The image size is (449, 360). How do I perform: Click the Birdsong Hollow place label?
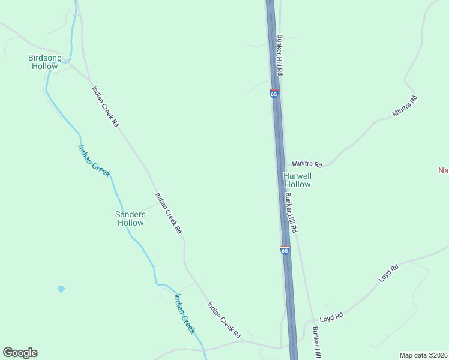coord(45,62)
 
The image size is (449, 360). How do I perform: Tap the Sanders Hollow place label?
coord(130,218)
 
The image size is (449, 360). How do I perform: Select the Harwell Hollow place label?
coord(297,180)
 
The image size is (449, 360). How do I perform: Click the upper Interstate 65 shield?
coord(274,94)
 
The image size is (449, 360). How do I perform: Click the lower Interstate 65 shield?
coord(285,250)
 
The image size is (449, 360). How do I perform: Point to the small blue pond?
coord(61,289)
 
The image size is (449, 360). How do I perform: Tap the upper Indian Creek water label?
coord(94,160)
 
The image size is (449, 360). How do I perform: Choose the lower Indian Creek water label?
coord(185,313)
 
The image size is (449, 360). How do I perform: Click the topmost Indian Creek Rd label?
coord(106,106)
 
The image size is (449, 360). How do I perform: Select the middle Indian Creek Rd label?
coord(169,212)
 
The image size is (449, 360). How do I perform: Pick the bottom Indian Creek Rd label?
coord(224,319)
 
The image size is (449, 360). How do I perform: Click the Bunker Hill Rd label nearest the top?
coord(279,54)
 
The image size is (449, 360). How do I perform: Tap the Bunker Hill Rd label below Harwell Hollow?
coord(291,212)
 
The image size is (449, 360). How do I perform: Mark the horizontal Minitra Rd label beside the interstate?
coord(307,164)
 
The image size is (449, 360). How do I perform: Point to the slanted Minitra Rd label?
coord(404,106)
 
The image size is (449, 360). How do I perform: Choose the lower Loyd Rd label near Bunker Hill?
coord(331,316)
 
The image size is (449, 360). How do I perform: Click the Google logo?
coord(20,353)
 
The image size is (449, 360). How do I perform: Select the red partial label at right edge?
coord(443,170)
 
